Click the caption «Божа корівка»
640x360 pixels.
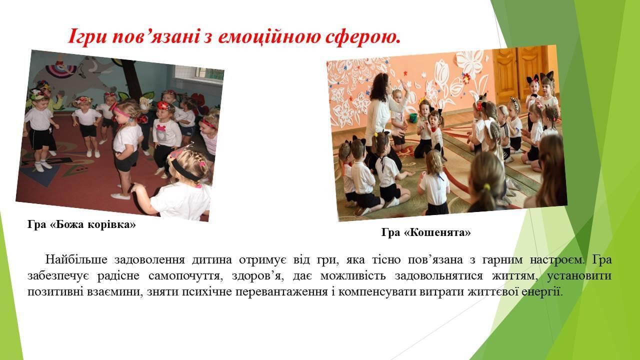pyautogui.click(x=93, y=224)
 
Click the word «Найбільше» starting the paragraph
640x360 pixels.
pyautogui.click(x=76, y=259)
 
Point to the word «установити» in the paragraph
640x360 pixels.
pyautogui.click(x=579, y=276)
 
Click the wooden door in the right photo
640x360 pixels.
pyautogui.click(x=521, y=73)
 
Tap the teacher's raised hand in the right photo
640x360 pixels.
pyautogui.click(x=404, y=86)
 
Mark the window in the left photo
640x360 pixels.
pyautogui.click(x=199, y=74)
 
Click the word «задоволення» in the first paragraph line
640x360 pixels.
pyautogui.click(x=149, y=259)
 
